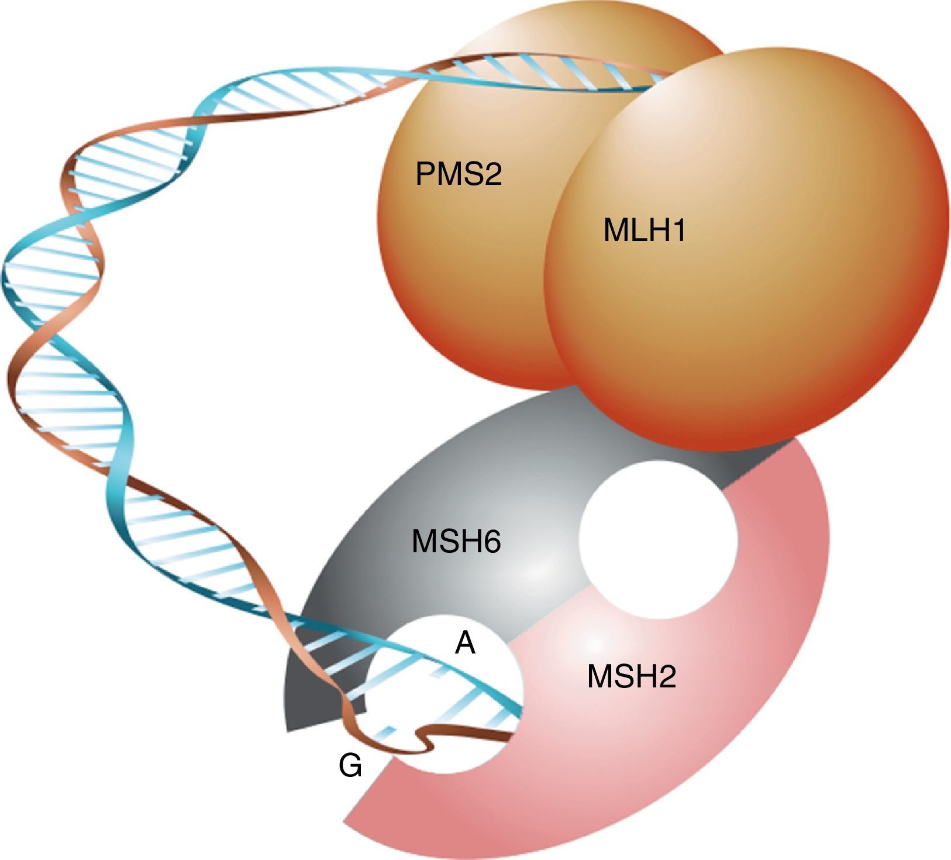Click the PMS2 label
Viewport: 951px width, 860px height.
tap(459, 174)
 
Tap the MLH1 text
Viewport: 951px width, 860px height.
tap(644, 231)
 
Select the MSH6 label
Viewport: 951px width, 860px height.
tap(456, 541)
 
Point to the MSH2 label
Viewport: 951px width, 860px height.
tap(632, 677)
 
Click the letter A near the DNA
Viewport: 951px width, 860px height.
tap(465, 644)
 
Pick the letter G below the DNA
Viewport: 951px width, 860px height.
tap(350, 766)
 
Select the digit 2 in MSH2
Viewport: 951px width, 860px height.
tap(668, 677)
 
